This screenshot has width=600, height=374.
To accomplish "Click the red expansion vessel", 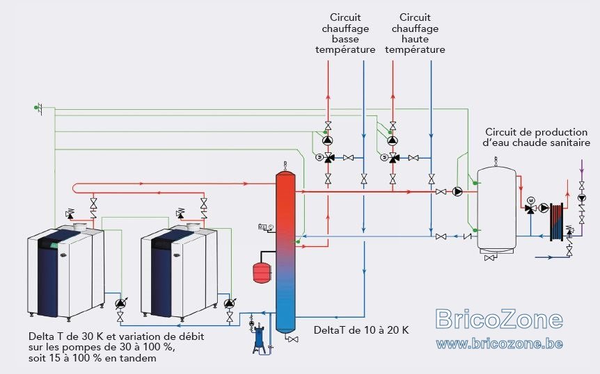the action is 262,273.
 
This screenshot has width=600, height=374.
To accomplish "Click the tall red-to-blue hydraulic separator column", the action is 285,252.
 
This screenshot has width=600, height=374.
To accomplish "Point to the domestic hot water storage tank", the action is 497,208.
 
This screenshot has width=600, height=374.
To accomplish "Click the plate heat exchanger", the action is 557,222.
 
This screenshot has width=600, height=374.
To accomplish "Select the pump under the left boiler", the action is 120,303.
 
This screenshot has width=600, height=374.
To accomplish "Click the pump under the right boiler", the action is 230,303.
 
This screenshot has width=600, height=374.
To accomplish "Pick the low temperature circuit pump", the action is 328,140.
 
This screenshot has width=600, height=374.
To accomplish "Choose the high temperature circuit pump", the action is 393,140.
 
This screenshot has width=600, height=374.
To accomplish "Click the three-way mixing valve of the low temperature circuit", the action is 328,157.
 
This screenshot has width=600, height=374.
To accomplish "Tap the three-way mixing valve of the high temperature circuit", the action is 393,157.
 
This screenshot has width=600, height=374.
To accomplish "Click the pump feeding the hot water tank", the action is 457,191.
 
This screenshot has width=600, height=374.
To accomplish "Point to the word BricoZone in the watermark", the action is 499,319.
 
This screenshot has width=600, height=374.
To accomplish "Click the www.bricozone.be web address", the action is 499,344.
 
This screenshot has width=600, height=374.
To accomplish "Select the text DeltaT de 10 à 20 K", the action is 361,330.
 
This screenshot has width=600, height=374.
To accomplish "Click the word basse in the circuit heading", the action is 345,39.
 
